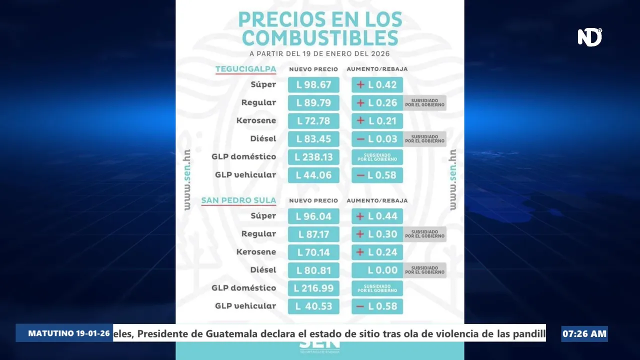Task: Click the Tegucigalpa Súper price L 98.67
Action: pos(313,85)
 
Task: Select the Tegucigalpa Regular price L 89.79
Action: pos(313,103)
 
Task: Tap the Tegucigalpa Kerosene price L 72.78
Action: pos(313,121)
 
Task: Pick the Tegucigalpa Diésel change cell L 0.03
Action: pos(377,139)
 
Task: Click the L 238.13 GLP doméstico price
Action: pos(313,157)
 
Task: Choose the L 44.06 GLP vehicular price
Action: pos(313,175)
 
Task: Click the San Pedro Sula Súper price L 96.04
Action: pos(313,216)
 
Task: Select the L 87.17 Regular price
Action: pos(313,234)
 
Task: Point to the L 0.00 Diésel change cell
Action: pos(377,270)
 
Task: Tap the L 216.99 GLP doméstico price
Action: pos(313,288)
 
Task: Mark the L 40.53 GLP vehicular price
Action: pos(313,306)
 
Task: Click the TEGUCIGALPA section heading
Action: pos(245,69)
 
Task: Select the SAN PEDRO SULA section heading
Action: pos(238,200)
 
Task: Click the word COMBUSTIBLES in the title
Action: pos(320,38)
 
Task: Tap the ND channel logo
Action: pos(589,37)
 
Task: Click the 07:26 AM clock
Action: pos(584,333)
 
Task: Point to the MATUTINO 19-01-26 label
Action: pos(69,333)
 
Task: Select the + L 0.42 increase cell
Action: pos(377,85)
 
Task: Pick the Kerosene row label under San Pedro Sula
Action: pos(256,252)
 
